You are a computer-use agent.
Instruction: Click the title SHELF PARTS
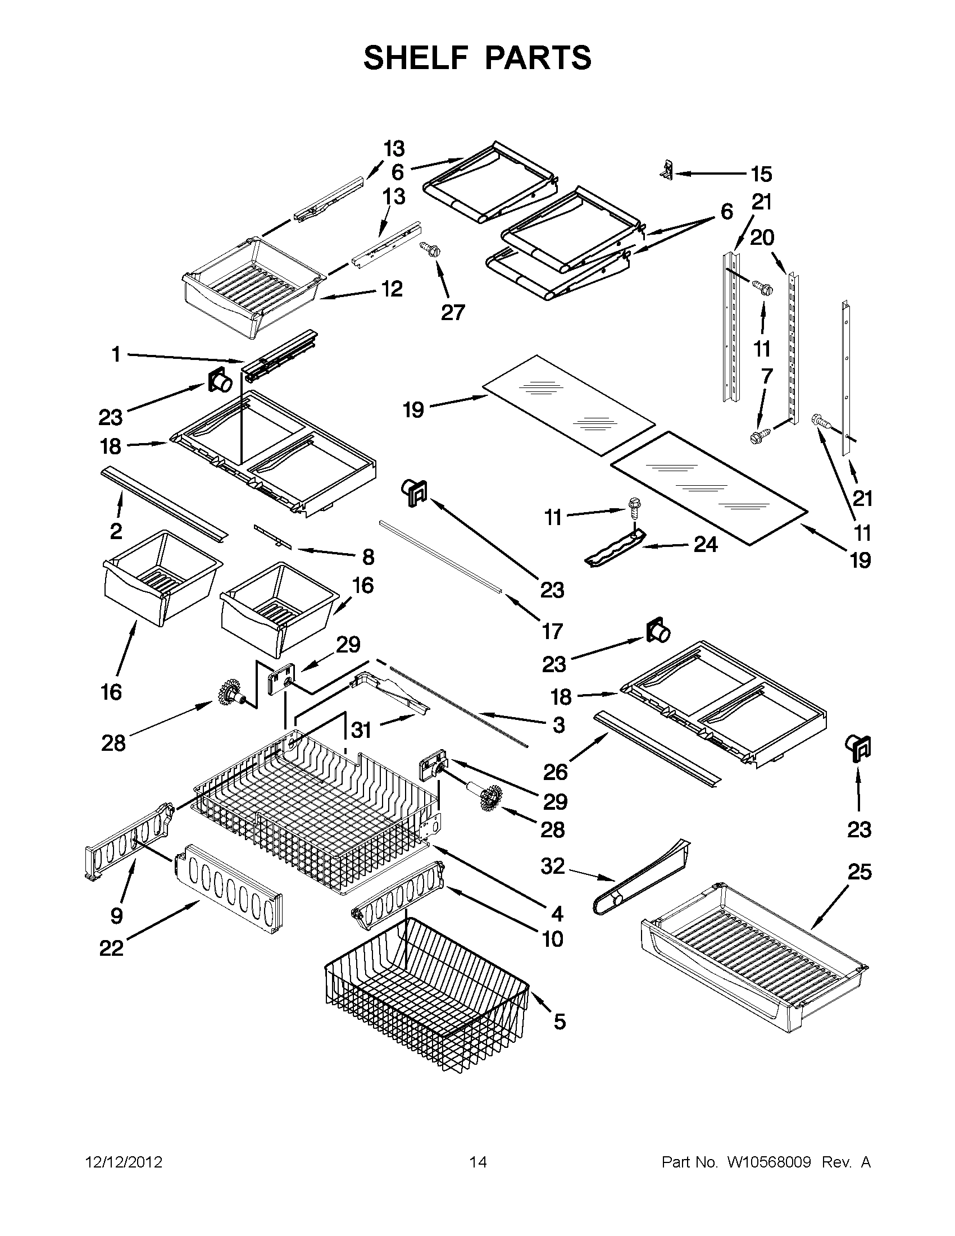coord(477,58)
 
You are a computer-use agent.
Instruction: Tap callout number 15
coord(761,174)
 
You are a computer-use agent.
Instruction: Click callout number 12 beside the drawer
coord(392,289)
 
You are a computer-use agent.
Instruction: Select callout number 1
coord(116,355)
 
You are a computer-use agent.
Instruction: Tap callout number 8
coord(368,557)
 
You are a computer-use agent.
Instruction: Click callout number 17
coord(552,631)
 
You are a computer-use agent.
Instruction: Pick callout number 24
coord(706,544)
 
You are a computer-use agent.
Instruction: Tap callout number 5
coord(559,1021)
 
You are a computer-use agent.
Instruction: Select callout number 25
coord(859,872)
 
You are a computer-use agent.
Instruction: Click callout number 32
coord(553,866)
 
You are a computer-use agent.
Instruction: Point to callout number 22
coord(111,948)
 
